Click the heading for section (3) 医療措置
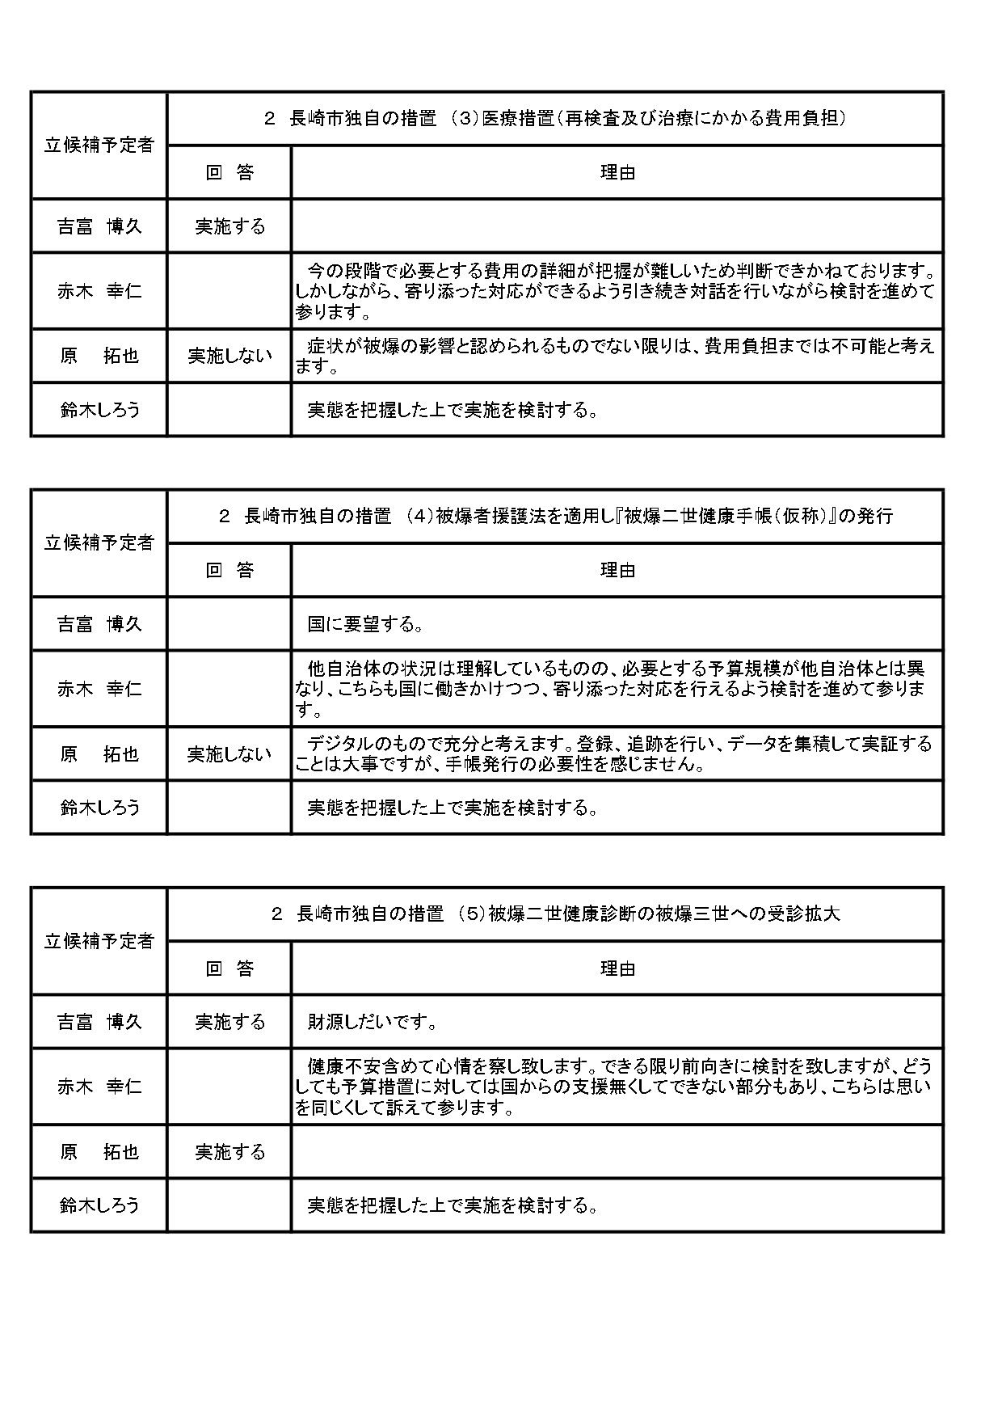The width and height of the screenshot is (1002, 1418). tap(554, 119)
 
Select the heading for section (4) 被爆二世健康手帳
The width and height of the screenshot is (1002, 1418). tap(554, 517)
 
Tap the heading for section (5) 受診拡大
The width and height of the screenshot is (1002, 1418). tap(554, 914)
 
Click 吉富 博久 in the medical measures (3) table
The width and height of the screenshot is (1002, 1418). tap(99, 226)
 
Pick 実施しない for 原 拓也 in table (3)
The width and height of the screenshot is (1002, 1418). tap(229, 356)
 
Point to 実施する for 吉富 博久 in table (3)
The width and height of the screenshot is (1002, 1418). tap(229, 226)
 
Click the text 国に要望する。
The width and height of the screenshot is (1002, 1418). tap(366, 624)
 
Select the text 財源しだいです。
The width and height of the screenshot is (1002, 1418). tap(373, 1022)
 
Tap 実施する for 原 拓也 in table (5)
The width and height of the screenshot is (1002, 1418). tap(229, 1152)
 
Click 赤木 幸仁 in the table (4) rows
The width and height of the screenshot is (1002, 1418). tap(99, 689)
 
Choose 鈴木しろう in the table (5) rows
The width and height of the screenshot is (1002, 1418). tap(99, 1205)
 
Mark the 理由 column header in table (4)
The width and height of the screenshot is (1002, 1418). tap(617, 571)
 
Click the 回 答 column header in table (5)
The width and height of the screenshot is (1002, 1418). tap(229, 969)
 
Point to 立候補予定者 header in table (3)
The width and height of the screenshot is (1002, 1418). tap(99, 146)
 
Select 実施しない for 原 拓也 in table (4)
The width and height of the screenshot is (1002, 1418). tap(229, 754)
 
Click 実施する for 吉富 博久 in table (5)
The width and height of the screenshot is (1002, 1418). tap(229, 1022)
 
